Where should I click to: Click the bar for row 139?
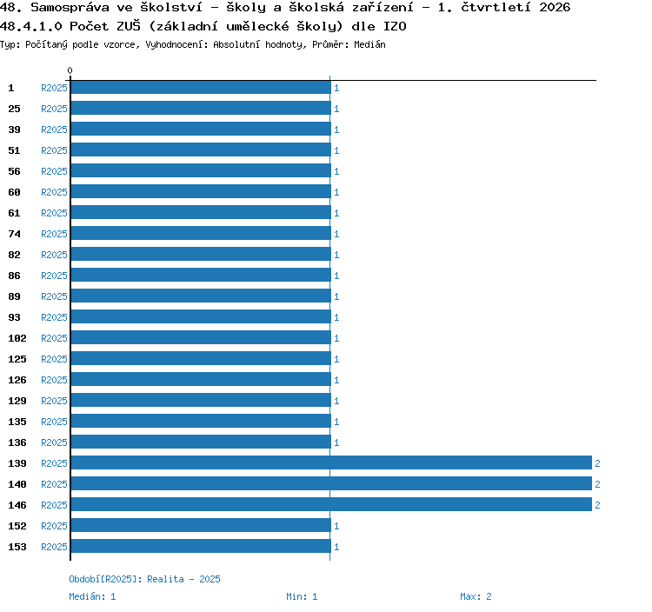click(331, 462)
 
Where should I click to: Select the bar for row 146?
click(331, 504)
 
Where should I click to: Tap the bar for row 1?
click(201, 87)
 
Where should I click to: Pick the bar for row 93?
click(201, 316)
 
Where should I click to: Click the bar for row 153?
click(201, 546)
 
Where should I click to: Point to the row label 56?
click(14, 171)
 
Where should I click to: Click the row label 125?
click(17, 359)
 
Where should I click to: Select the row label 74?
click(14, 234)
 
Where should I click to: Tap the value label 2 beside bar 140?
click(597, 484)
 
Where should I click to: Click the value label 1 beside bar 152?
click(336, 526)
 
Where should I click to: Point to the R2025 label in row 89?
click(54, 296)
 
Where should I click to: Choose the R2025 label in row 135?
click(54, 422)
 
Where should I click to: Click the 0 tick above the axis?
click(70, 70)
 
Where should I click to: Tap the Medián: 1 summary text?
click(92, 596)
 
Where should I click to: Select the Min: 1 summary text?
click(302, 596)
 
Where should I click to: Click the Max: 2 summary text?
click(476, 596)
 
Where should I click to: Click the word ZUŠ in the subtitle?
click(129, 26)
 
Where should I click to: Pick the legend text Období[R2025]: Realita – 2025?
click(144, 579)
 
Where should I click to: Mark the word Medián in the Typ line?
click(369, 44)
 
